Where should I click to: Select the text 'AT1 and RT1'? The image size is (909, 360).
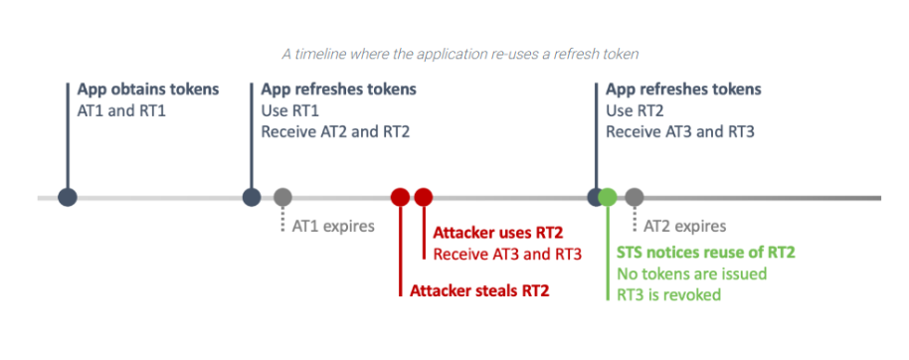(121, 109)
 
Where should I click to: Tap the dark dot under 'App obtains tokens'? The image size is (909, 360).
(68, 197)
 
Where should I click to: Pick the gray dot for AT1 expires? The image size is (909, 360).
(282, 197)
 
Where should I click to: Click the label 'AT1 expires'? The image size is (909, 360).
(333, 226)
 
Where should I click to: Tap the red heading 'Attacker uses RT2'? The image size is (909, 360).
(498, 233)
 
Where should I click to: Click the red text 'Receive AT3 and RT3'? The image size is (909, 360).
(507, 254)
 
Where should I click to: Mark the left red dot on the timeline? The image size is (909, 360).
(400, 197)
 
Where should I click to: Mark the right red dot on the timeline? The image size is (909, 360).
(423, 197)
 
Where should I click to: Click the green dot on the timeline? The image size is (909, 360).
(608, 197)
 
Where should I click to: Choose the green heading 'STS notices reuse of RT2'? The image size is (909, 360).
(706, 253)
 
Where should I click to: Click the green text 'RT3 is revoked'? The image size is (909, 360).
(668, 294)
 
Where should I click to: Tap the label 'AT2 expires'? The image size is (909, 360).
(685, 226)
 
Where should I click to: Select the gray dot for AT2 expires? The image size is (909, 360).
(634, 197)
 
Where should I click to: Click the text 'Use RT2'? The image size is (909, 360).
(634, 109)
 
